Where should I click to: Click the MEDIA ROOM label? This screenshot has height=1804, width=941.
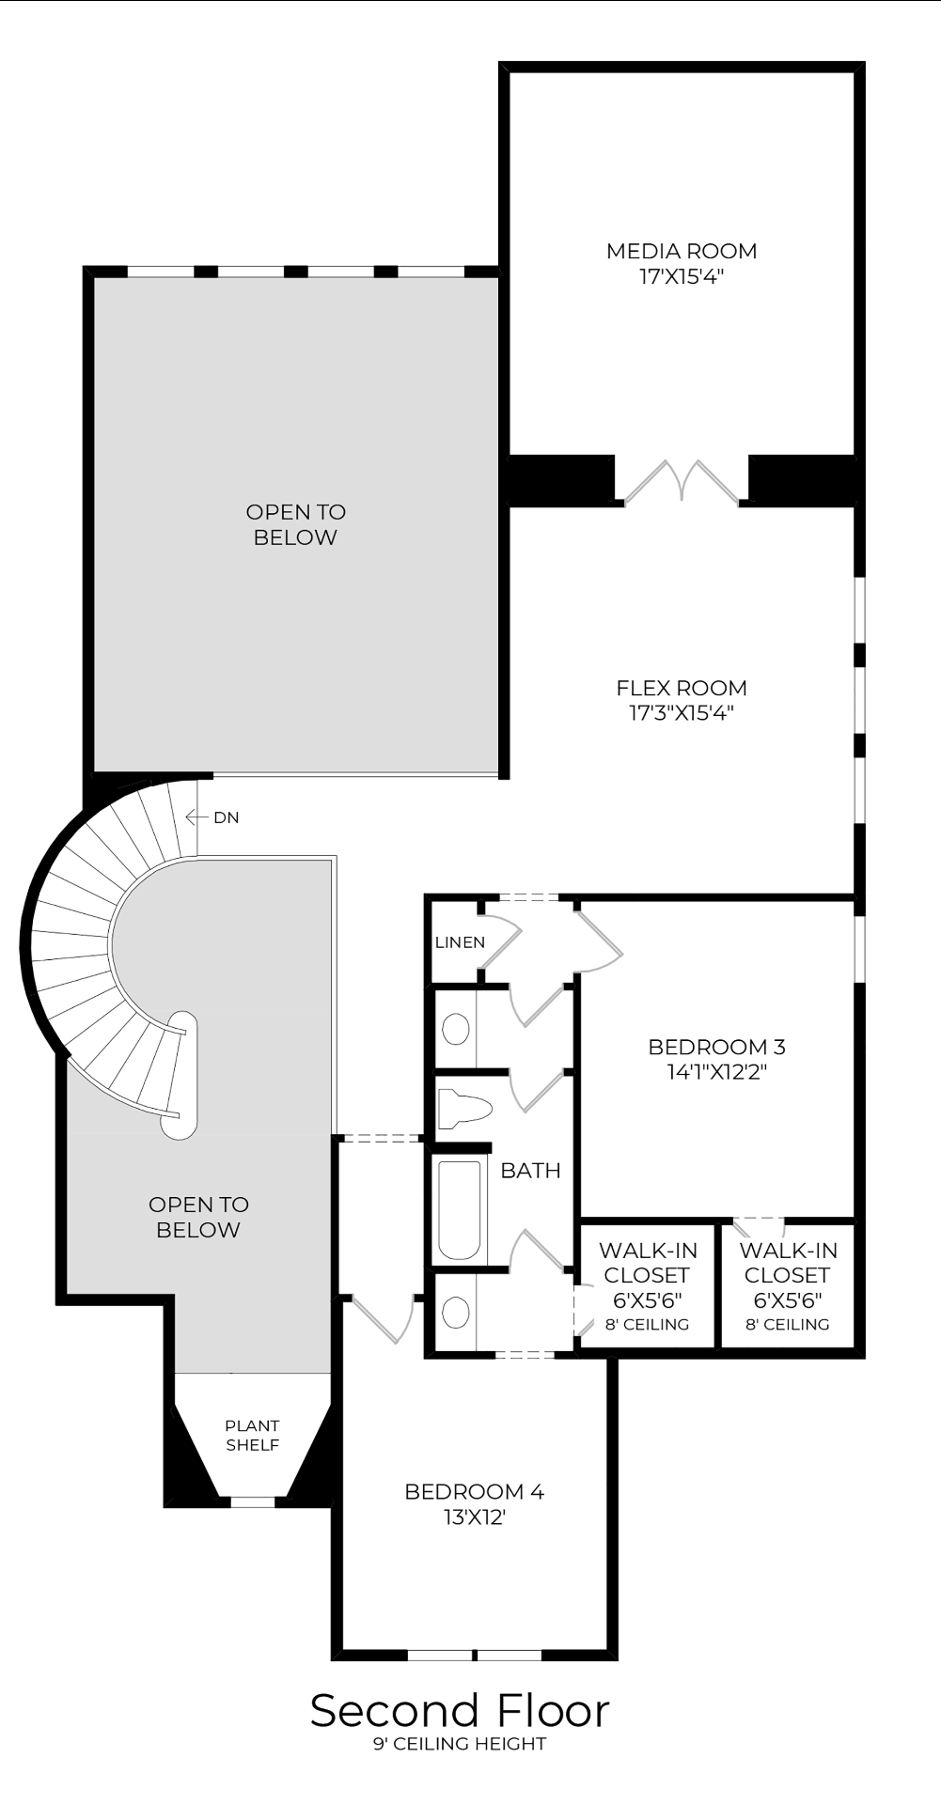pyautogui.click(x=682, y=251)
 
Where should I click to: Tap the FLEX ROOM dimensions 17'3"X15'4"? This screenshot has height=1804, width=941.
pyautogui.click(x=682, y=712)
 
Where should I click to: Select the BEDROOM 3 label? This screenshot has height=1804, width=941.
pyautogui.click(x=717, y=1047)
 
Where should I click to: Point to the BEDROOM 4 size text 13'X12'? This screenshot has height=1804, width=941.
pyautogui.click(x=475, y=1516)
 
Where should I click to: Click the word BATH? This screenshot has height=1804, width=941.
pyautogui.click(x=530, y=1170)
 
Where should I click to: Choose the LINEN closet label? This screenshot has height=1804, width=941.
pyautogui.click(x=460, y=942)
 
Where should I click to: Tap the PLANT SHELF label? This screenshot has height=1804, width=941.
pyautogui.click(x=252, y=1435)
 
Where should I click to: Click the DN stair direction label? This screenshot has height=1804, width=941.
pyautogui.click(x=227, y=817)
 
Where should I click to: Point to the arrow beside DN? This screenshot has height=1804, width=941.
pyautogui.click(x=196, y=817)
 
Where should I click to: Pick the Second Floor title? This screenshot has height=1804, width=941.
pyautogui.click(x=460, y=1710)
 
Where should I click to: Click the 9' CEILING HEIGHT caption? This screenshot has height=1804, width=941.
pyautogui.click(x=460, y=1744)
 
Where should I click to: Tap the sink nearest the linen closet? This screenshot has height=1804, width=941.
pyautogui.click(x=456, y=1029)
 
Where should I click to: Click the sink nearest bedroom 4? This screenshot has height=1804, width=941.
pyautogui.click(x=456, y=1312)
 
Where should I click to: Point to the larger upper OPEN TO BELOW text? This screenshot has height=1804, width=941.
pyautogui.click(x=295, y=524)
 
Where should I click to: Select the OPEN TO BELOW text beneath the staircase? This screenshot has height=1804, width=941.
pyautogui.click(x=198, y=1217)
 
